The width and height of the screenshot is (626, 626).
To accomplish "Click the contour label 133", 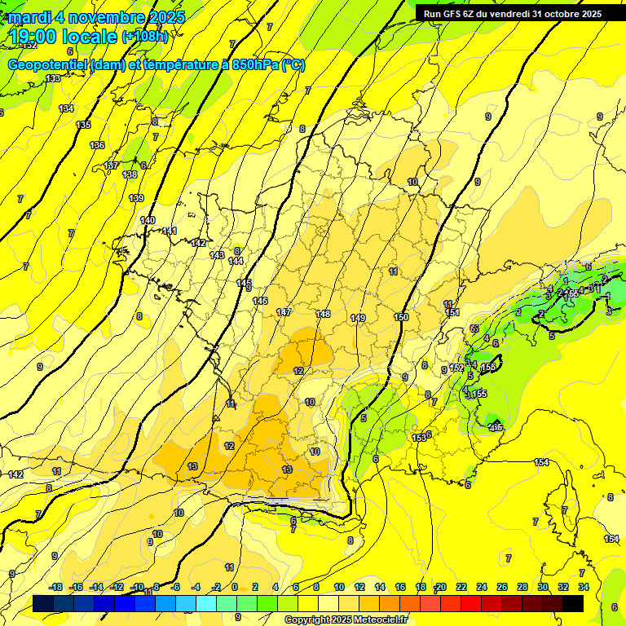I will [x=53, y=78].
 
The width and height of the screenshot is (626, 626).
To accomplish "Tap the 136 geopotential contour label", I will [x=97, y=145].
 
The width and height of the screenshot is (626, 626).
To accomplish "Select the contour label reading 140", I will [x=148, y=220].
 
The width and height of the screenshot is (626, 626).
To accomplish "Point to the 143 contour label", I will [x=217, y=255].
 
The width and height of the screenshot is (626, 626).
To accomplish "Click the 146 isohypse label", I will [x=260, y=302].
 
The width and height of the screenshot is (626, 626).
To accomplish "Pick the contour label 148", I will [x=324, y=314].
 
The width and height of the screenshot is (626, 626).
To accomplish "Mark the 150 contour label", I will [x=401, y=317].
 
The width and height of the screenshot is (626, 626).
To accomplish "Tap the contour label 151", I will [x=452, y=313].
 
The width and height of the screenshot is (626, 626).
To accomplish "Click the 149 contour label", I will [x=358, y=318].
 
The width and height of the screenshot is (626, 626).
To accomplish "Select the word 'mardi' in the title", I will [x=31, y=17].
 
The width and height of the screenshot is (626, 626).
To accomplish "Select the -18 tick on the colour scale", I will [x=55, y=587].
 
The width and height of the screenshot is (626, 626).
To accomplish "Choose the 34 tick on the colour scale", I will [x=584, y=587].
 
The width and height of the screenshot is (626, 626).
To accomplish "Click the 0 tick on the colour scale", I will [x=235, y=587].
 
